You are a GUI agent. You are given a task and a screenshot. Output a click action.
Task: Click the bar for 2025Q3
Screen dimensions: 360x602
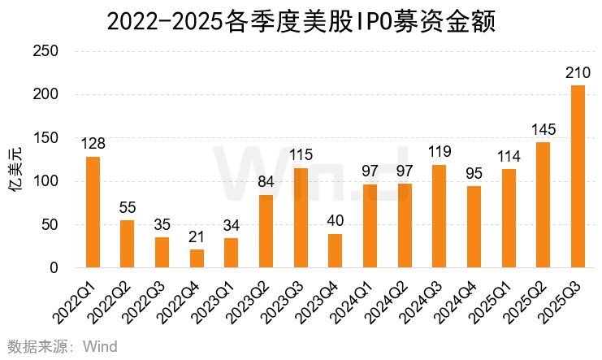coord(578,176)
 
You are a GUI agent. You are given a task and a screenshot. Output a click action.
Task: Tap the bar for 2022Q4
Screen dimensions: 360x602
coord(197,258)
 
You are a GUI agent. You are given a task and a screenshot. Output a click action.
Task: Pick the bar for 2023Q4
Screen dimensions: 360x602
coord(335,250)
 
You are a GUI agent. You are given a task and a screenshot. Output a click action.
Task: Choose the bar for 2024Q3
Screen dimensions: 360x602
coord(439,216)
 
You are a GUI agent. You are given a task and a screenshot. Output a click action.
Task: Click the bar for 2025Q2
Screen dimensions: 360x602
coord(543,205)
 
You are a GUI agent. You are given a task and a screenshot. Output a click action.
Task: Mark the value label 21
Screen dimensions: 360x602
coord(197,238)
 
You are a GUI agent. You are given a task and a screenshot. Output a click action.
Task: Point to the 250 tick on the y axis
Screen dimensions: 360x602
coord(47,51)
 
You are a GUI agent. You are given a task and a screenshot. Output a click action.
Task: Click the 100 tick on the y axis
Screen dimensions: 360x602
coord(47,181)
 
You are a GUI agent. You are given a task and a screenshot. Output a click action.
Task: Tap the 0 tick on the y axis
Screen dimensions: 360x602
coord(54,267)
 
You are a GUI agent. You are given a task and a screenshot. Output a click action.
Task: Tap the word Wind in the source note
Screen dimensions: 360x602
coord(99,347)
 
